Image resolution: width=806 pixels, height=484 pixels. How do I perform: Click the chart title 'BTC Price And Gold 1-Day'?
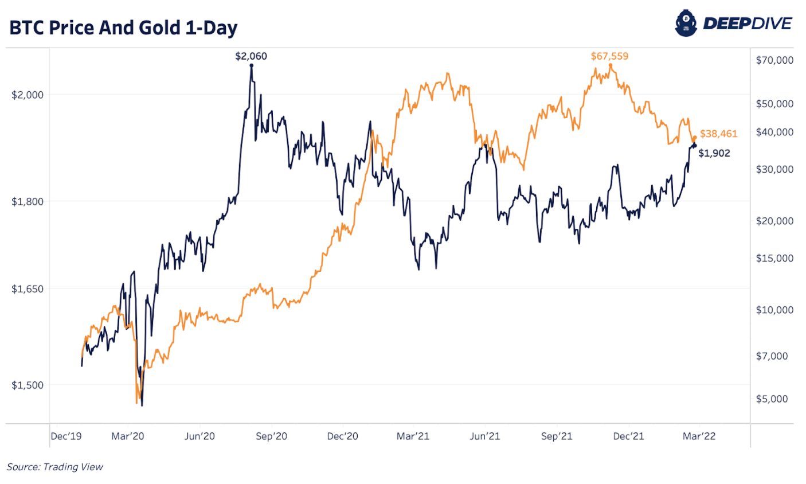pyautogui.click(x=123, y=28)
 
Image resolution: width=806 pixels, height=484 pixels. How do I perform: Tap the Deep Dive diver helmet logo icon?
pyautogui.click(x=686, y=24)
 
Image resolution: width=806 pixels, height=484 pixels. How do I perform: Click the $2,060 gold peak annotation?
pyautogui.click(x=251, y=56)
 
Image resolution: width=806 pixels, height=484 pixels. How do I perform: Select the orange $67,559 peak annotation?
pyautogui.click(x=609, y=56)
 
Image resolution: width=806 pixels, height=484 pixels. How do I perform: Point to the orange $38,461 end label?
pyautogui.click(x=718, y=134)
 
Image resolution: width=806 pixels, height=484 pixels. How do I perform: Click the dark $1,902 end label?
pyautogui.click(x=714, y=153)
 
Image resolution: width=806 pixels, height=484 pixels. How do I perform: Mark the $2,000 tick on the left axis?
pyautogui.click(x=28, y=95)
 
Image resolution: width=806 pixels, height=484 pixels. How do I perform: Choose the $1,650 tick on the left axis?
pyautogui.click(x=28, y=289)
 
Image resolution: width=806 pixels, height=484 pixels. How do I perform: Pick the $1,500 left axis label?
pyautogui.click(x=28, y=385)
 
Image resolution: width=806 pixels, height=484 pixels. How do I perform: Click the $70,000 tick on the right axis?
pyautogui.click(x=774, y=60)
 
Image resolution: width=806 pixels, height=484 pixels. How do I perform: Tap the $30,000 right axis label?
pyautogui.click(x=774, y=169)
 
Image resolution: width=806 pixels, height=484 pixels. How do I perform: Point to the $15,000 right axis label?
pyautogui.click(x=774, y=258)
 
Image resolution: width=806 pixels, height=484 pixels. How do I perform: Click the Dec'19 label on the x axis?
pyautogui.click(x=66, y=436)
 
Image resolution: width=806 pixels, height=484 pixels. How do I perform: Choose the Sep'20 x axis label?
pyautogui.click(x=271, y=436)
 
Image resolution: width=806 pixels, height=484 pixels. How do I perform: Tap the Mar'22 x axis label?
pyautogui.click(x=699, y=436)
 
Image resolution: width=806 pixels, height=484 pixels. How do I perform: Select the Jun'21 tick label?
pyautogui.click(x=485, y=436)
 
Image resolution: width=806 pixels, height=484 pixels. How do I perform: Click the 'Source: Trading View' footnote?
pyautogui.click(x=55, y=467)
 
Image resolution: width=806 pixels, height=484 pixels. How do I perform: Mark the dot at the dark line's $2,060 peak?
pyautogui.click(x=251, y=65)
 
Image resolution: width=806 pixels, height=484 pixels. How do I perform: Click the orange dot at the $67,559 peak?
pyautogui.click(x=611, y=65)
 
